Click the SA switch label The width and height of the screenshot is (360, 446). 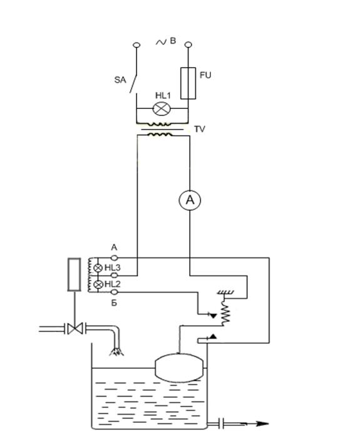(120, 80)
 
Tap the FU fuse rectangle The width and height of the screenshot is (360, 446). (188, 83)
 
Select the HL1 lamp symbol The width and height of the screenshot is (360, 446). (162, 108)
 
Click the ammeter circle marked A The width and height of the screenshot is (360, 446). (190, 200)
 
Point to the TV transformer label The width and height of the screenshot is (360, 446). (200, 130)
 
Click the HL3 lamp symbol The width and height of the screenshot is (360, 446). (98, 267)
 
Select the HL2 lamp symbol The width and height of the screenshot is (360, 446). (98, 284)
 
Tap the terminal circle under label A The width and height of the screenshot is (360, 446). (114, 258)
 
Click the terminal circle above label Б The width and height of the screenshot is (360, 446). (114, 292)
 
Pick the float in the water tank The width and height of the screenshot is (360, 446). (179, 368)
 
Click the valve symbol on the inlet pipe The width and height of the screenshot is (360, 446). (75, 329)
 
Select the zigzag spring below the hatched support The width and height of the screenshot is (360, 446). (226, 313)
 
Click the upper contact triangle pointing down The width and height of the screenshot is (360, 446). (213, 316)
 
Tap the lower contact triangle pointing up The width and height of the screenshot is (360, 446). (213, 337)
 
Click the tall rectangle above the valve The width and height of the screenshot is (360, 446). (74, 274)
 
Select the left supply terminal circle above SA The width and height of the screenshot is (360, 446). (136, 45)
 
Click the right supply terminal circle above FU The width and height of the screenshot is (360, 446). (188, 44)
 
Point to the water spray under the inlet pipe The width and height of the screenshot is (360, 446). (116, 353)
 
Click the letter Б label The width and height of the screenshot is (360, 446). (114, 303)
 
